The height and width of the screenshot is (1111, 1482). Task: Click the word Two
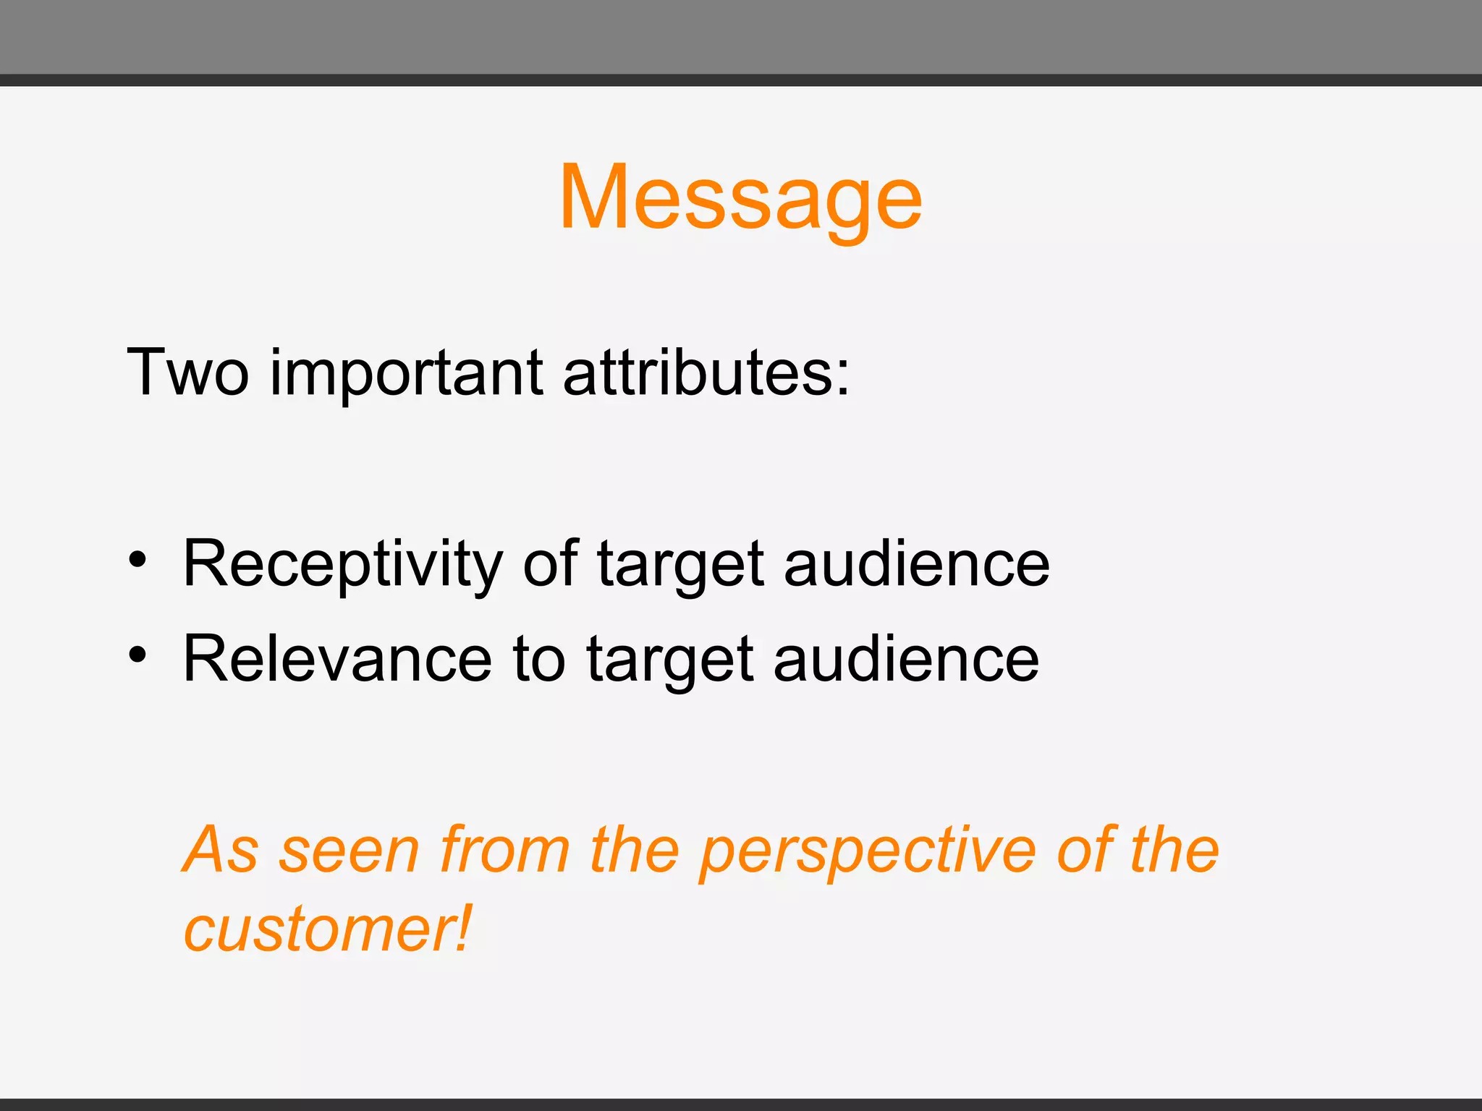click(187, 373)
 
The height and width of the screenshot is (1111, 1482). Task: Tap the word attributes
click(706, 373)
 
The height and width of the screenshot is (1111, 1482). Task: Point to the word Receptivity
click(342, 565)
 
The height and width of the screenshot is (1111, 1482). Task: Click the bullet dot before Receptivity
click(137, 561)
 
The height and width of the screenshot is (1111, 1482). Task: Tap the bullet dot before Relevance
click(137, 655)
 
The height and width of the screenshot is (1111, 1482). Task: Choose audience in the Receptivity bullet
click(916, 564)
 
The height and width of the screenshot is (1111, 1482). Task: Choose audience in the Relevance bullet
click(906, 660)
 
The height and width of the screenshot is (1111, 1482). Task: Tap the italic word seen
click(350, 851)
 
